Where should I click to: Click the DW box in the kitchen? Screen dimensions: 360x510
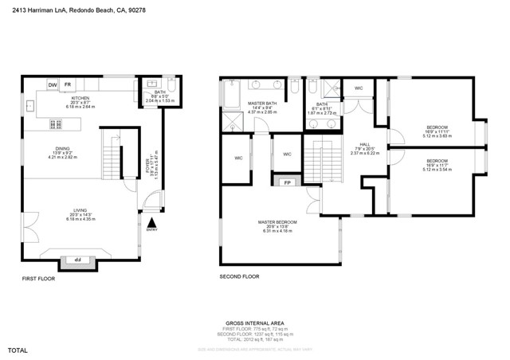coord(53,84)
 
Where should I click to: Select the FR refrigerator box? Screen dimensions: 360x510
coord(68,84)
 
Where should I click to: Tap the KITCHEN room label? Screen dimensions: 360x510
coord(80,98)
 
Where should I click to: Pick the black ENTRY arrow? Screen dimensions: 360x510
coord(152,222)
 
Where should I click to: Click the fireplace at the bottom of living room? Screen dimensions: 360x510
coord(78,260)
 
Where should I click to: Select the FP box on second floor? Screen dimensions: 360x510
coord(287,182)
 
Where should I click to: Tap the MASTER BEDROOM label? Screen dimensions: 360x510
coord(277,222)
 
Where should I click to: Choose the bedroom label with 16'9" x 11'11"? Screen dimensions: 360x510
coord(437,127)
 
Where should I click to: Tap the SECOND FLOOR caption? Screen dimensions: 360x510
coord(239,276)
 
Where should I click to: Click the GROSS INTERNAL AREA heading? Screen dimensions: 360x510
coord(254,323)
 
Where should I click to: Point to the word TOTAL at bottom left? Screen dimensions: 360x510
coord(18,350)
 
